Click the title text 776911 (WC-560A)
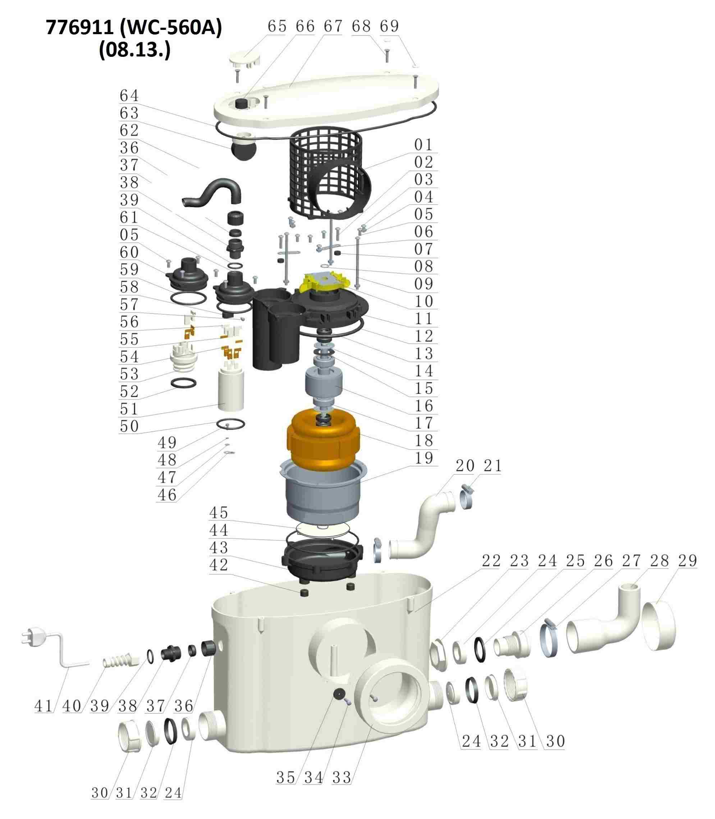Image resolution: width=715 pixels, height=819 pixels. click(x=134, y=28)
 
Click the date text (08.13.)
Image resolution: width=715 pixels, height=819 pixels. click(x=135, y=50)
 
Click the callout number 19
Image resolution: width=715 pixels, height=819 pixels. click(x=424, y=458)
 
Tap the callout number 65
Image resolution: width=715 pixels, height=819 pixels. click(x=277, y=26)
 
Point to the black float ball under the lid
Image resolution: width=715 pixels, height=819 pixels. click(x=243, y=151)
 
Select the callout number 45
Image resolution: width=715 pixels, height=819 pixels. click(x=219, y=513)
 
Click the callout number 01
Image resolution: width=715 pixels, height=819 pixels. click(x=424, y=145)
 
